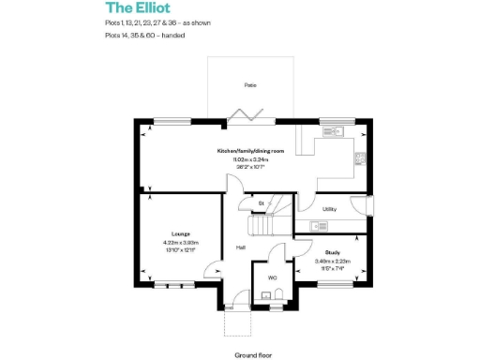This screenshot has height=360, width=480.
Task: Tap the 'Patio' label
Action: tap(250, 85)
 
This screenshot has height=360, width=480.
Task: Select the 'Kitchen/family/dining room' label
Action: tap(248, 151)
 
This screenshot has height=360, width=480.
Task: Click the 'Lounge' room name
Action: tap(181, 233)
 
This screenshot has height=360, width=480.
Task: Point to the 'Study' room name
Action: tap(332, 252)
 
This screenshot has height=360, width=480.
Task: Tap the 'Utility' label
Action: tap(329, 209)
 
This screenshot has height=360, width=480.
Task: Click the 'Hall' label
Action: tap(241, 247)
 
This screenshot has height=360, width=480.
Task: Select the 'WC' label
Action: tap(272, 278)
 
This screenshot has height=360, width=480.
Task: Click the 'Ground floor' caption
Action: tap(253, 355)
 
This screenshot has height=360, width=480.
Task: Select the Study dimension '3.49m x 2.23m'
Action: tap(332, 262)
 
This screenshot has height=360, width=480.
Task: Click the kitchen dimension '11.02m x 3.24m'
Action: tap(248, 159)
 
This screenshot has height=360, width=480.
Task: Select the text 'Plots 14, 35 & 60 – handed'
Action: tap(145, 35)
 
